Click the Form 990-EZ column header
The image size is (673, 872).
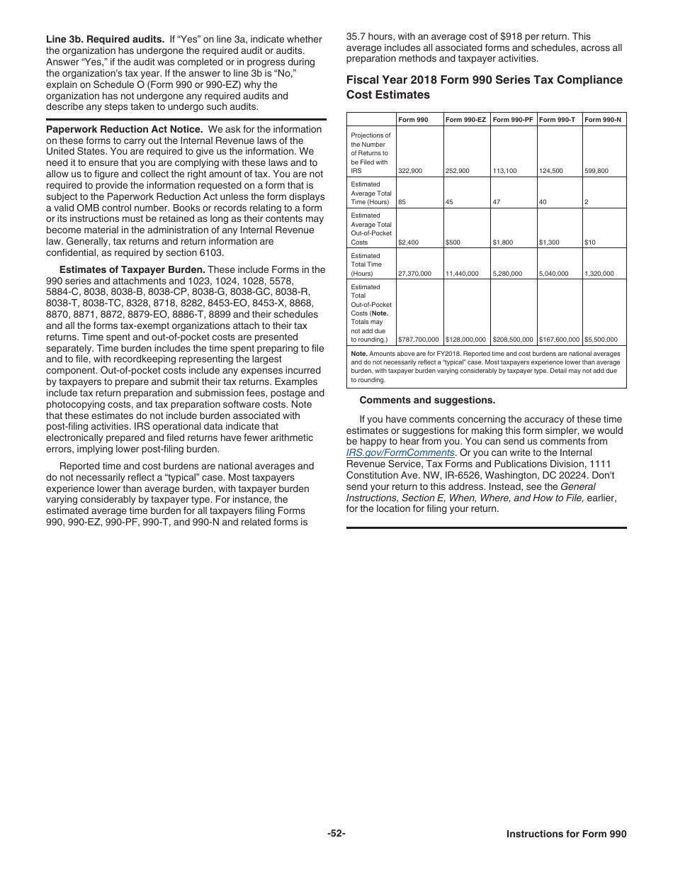click(x=465, y=120)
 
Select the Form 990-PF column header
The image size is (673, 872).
click(x=512, y=120)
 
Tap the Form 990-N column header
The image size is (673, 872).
click(x=603, y=120)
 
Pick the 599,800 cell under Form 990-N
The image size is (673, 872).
click(x=596, y=171)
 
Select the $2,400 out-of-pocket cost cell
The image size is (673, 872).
click(x=409, y=242)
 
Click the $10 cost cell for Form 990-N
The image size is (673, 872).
click(x=590, y=242)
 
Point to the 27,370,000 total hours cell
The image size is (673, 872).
click(x=414, y=274)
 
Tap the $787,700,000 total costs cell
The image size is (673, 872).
click(x=419, y=340)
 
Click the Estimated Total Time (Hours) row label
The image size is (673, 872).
click(x=366, y=264)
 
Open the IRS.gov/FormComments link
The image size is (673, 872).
click(x=400, y=452)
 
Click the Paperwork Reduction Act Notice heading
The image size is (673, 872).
click(x=124, y=130)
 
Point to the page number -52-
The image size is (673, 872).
click(x=336, y=834)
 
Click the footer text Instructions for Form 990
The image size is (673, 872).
click(x=566, y=834)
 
